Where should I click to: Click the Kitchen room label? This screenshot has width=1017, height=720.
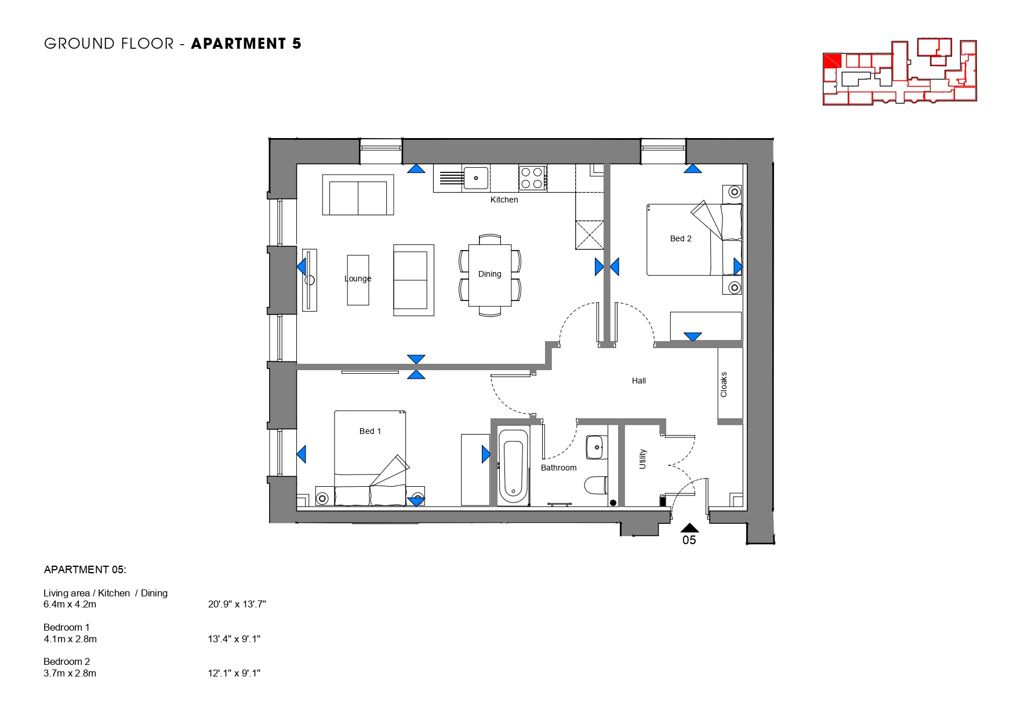504,200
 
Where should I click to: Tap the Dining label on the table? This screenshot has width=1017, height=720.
489,274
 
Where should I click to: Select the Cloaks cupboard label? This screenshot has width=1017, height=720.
724,385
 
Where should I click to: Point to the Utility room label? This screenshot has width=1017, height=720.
642,459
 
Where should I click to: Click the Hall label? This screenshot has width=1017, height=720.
638,381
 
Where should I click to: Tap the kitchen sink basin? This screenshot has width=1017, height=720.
476,178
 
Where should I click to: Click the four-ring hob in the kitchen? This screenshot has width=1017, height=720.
532,178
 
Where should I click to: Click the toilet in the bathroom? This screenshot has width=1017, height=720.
596,484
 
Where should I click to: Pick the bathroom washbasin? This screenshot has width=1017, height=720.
596,447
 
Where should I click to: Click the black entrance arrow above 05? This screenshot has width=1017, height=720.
689,527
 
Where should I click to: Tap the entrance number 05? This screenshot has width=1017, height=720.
689,540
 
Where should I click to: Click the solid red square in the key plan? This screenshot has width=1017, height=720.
833,61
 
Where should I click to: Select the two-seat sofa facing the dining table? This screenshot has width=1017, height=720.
413,280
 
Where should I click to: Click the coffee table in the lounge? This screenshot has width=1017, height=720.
358,280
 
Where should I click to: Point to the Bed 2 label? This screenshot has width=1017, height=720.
681,238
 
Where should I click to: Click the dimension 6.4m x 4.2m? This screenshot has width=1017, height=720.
70,604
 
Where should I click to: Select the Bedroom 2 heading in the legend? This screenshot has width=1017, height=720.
67,661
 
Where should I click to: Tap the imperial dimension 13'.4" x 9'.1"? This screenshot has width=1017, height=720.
234,639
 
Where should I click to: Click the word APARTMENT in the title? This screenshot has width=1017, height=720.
238,44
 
